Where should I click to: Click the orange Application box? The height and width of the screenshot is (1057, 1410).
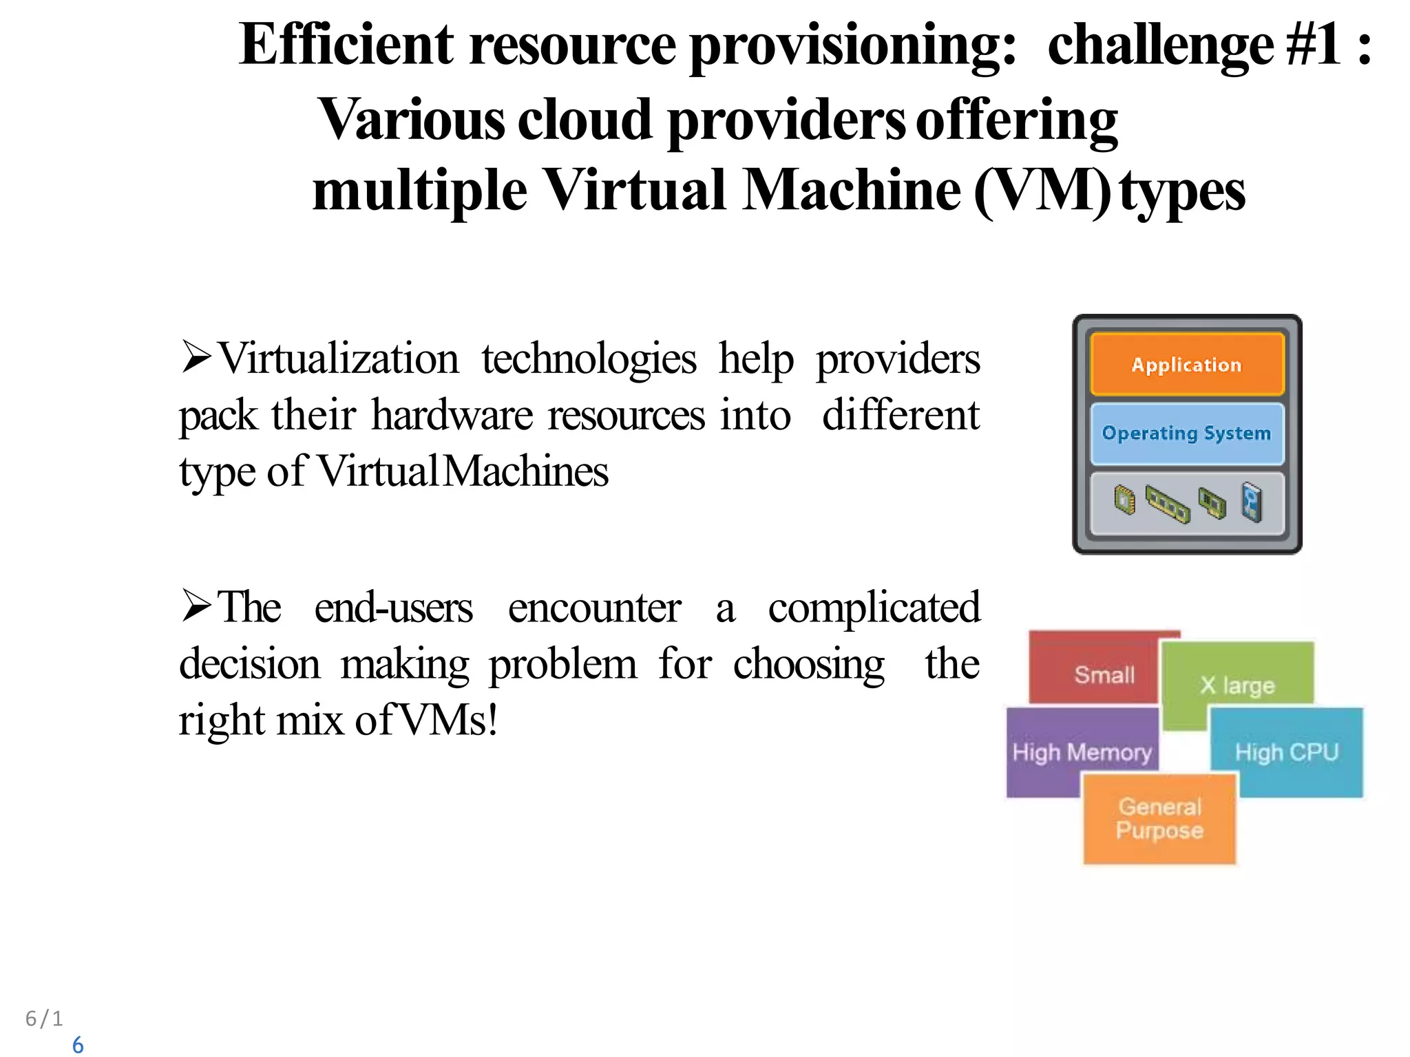1187,364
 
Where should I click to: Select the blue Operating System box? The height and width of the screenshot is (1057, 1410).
1187,433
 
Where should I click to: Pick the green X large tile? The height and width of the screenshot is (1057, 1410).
1237,681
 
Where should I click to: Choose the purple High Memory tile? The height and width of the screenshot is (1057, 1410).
1081,751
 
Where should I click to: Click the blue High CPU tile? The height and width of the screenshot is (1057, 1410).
1287,751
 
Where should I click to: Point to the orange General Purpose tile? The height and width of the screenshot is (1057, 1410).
1160,818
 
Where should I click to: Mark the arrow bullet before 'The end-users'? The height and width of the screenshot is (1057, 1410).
196,606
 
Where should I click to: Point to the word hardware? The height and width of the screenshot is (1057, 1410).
452,416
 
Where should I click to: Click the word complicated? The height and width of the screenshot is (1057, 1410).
874,608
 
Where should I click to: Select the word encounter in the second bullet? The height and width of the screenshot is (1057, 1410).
594,608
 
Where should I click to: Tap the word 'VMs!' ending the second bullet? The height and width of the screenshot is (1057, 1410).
448,720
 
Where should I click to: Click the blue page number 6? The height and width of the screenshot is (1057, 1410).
78,1045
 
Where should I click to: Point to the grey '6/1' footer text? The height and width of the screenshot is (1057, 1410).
44,1018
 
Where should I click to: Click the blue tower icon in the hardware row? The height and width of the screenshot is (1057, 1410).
1252,502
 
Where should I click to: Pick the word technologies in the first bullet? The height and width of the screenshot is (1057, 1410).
589,359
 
